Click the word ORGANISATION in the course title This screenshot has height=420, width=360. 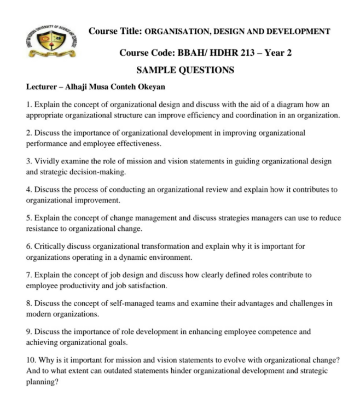176,32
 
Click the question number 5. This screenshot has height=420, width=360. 28,218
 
